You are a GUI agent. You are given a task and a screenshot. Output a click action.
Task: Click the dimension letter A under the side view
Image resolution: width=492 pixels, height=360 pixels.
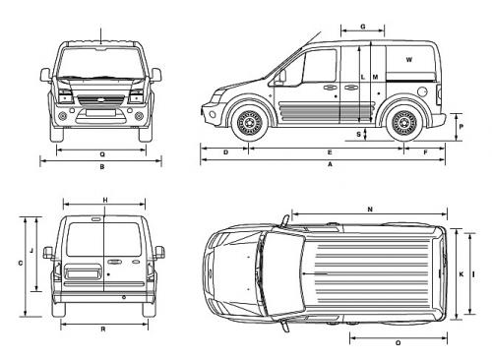[330, 166]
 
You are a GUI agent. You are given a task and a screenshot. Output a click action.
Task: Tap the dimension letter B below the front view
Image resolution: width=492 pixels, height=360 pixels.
[102, 166]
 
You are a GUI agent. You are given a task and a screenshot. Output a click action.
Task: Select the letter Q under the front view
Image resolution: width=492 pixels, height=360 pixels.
[102, 153]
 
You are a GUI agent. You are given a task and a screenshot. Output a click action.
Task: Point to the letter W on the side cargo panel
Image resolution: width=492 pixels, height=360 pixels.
[408, 60]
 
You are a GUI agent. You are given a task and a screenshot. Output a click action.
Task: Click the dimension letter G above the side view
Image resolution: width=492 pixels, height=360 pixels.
[363, 26]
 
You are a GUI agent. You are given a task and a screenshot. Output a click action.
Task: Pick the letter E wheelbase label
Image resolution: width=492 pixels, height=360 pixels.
[329, 152]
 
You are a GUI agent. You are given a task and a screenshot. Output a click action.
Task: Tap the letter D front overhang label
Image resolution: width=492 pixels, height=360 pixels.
[225, 152]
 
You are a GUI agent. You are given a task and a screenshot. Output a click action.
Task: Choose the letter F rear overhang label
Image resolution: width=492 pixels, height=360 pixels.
[425, 152]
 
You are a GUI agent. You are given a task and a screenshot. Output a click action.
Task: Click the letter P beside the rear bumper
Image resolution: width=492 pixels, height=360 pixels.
[461, 127]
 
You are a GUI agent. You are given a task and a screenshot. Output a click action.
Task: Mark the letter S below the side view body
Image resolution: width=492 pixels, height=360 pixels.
[358, 133]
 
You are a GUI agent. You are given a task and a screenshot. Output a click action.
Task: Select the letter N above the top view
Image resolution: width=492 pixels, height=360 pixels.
[370, 210]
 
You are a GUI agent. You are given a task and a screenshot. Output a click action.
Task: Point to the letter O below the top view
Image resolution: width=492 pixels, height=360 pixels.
[397, 342]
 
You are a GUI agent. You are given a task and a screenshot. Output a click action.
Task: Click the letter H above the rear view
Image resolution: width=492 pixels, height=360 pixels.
[104, 200]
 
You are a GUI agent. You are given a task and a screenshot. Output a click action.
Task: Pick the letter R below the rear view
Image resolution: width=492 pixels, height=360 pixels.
[103, 328]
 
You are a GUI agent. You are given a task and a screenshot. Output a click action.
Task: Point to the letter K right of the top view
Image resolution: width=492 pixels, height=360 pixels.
[460, 273]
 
